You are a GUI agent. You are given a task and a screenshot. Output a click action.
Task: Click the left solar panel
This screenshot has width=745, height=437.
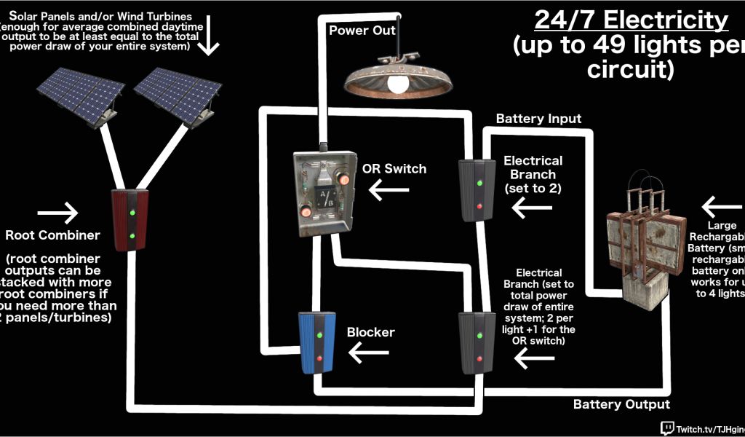tap(80, 94)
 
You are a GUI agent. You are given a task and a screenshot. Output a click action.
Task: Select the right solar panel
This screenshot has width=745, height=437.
tap(176, 94)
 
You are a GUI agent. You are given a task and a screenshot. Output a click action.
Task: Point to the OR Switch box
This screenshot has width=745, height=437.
tap(325, 192)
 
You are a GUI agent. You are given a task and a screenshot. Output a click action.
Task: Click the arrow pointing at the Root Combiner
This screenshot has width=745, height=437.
tap(57, 213)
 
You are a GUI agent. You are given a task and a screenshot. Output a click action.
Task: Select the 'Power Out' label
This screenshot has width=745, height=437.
tap(362, 31)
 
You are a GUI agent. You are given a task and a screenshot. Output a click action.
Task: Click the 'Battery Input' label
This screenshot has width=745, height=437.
tap(538, 118)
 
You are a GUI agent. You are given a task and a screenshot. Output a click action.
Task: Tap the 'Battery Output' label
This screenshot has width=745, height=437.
tap(621, 404)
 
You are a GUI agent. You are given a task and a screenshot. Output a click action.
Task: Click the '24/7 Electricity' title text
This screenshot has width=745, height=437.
tap(631, 21)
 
